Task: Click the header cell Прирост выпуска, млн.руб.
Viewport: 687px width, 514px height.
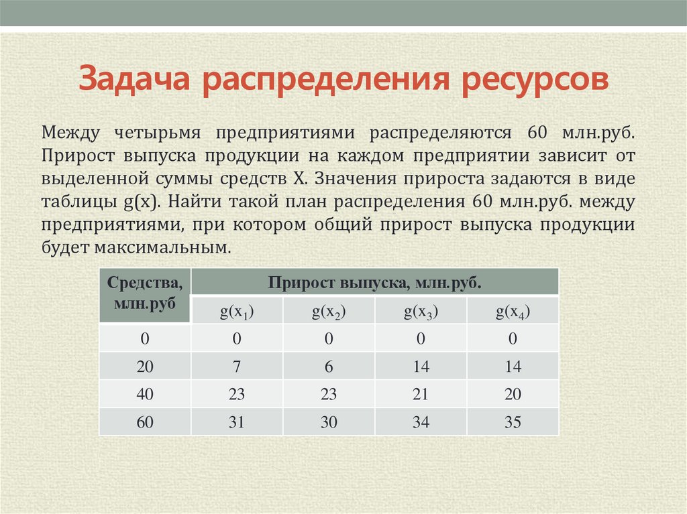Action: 375,282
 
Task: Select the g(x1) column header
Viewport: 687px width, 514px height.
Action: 237,312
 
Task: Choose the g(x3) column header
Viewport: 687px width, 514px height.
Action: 421,312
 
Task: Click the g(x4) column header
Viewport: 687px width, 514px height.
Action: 513,312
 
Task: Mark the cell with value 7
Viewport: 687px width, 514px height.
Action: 237,367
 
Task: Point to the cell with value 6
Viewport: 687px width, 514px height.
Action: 329,367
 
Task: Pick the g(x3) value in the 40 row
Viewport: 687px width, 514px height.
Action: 421,395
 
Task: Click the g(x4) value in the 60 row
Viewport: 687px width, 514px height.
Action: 513,423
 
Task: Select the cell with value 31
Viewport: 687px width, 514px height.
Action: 237,423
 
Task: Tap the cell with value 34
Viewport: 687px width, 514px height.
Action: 421,423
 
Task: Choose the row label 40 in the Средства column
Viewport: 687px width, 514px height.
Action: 145,395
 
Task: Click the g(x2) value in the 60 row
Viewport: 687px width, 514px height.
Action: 329,423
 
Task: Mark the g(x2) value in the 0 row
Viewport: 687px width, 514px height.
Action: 329,339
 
